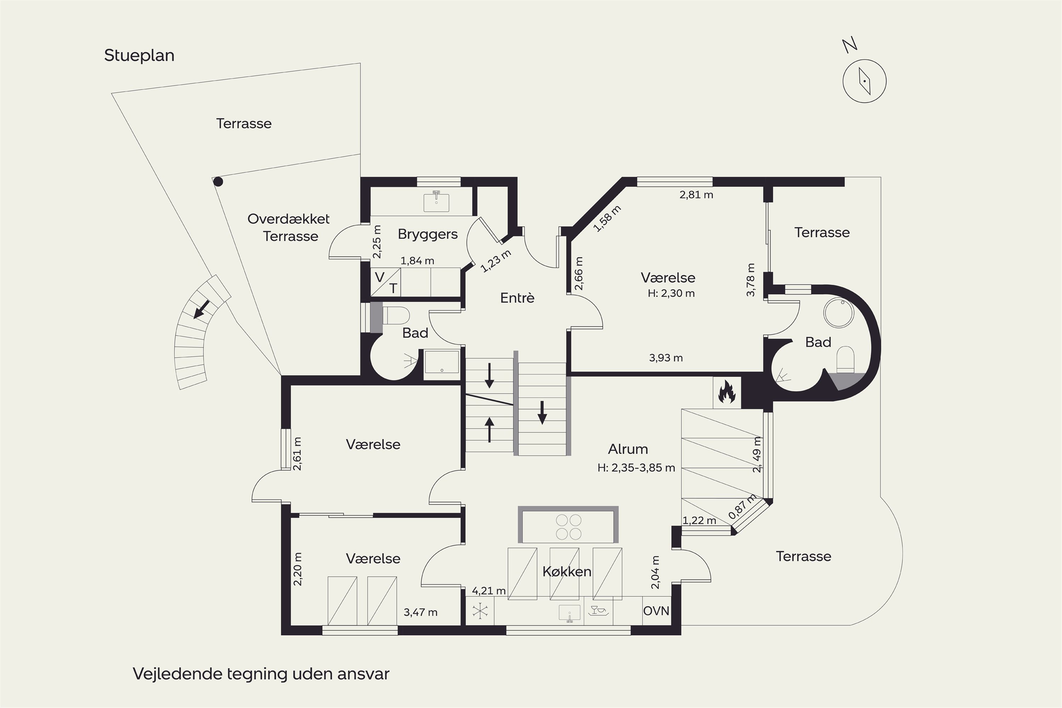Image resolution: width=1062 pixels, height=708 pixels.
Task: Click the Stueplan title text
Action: click(x=139, y=56)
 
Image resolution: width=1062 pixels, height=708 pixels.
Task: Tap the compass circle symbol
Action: click(x=864, y=81)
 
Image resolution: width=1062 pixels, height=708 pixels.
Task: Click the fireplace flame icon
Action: click(x=726, y=392)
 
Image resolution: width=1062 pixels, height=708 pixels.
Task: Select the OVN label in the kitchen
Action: click(x=656, y=611)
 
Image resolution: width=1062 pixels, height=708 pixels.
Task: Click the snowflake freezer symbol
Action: click(x=480, y=611)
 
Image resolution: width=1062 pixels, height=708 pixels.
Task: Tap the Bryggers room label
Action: click(x=428, y=234)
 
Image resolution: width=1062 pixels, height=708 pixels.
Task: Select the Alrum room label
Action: click(x=628, y=449)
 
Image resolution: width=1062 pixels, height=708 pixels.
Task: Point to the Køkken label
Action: click(x=567, y=571)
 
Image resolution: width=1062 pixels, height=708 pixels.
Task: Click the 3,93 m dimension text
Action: click(x=666, y=358)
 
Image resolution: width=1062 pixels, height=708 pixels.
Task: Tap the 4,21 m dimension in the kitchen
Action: click(x=489, y=590)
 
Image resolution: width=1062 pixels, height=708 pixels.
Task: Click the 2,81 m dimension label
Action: click(x=696, y=195)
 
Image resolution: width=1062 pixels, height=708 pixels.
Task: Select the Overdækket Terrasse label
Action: click(x=289, y=228)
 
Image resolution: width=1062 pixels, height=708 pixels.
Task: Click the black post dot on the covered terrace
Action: click(x=218, y=182)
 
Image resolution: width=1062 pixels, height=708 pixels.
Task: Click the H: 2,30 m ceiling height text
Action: click(x=671, y=293)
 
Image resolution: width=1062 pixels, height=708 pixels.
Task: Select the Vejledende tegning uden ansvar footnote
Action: click(x=261, y=674)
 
